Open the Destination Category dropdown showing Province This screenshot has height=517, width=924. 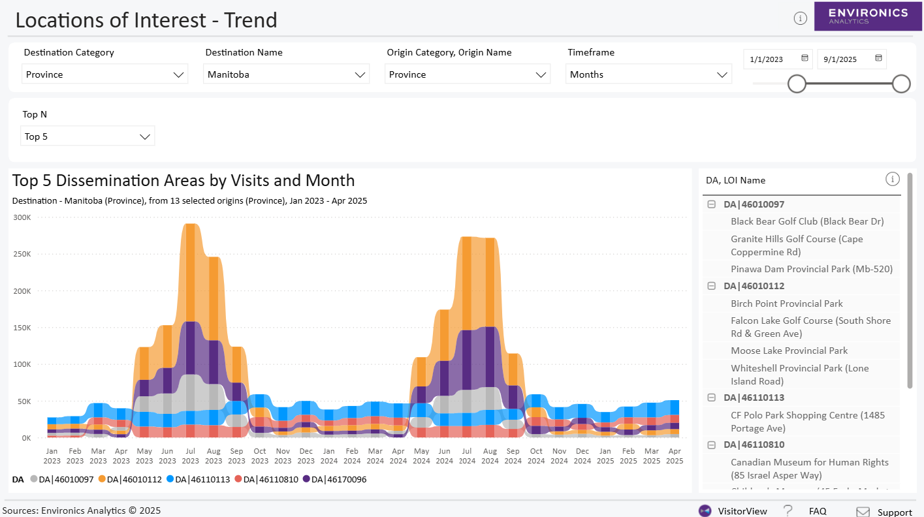pyautogui.click(x=104, y=74)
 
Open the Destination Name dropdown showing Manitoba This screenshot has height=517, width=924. pyautogui.click(x=286, y=74)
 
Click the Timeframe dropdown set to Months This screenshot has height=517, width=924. pyautogui.click(x=648, y=74)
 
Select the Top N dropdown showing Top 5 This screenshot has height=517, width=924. pyautogui.click(x=88, y=136)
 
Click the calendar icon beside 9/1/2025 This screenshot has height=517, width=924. pyautogui.click(x=878, y=58)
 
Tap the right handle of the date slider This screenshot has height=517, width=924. pyautogui.click(x=901, y=84)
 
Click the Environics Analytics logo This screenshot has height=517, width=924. pyautogui.click(x=868, y=16)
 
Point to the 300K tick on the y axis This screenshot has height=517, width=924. pyautogui.click(x=22, y=217)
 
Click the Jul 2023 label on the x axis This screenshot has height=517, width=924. pyautogui.click(x=191, y=456)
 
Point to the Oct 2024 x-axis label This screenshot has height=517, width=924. pyautogui.click(x=536, y=456)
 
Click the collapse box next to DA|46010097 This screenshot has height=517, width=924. pyautogui.click(x=711, y=204)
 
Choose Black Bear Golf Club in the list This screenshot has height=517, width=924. pyautogui.click(x=807, y=221)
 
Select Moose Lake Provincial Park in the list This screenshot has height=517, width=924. pyautogui.click(x=789, y=351)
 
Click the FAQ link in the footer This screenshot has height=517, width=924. pyautogui.click(x=818, y=511)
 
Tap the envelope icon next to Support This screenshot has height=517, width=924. pyautogui.click(x=863, y=512)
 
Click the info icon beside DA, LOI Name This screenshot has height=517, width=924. pyautogui.click(x=892, y=179)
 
